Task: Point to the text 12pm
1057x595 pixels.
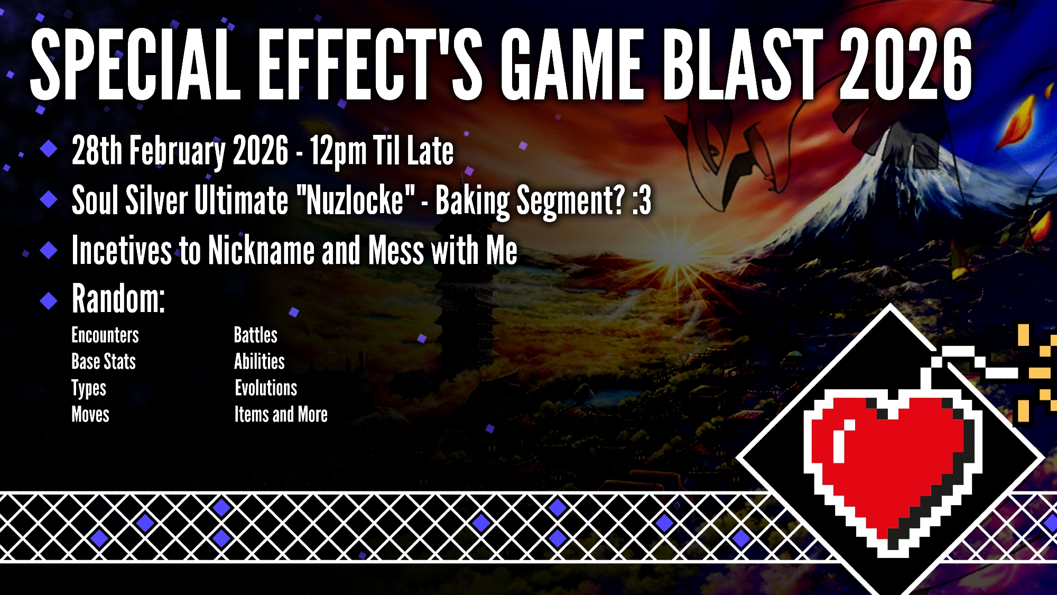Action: [x=338, y=152]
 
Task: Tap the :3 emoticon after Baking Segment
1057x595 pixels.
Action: [x=641, y=201]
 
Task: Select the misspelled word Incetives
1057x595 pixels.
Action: [x=122, y=250]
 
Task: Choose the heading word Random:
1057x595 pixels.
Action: [x=118, y=299]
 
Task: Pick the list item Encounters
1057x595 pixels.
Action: [x=105, y=335]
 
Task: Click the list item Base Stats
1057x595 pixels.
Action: [x=104, y=362]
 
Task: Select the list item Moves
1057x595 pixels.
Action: [x=90, y=415]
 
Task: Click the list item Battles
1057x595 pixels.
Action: [x=256, y=335]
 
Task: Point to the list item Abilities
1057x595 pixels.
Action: [x=259, y=362]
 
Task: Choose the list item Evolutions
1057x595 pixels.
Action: [x=266, y=388]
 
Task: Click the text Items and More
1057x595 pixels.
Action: [x=281, y=415]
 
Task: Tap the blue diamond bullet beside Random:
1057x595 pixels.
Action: [x=49, y=300]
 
